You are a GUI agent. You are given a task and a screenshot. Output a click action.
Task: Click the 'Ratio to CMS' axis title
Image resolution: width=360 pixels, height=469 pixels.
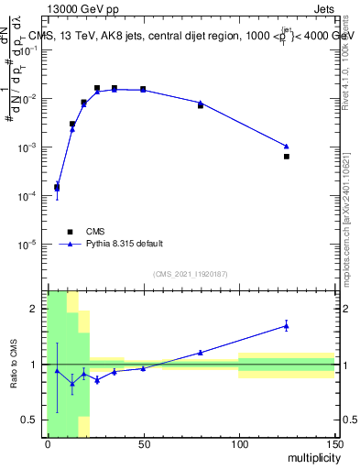click(x=14, y=364)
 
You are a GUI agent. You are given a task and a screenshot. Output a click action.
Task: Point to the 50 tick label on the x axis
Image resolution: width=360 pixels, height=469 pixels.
click(x=143, y=444)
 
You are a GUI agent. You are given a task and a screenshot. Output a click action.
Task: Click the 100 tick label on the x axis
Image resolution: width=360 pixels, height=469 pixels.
click(x=239, y=444)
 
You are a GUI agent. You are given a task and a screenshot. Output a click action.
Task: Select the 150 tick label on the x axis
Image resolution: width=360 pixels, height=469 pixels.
click(x=334, y=444)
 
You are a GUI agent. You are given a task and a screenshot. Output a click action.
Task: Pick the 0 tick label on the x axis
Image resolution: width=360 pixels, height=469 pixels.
click(x=48, y=444)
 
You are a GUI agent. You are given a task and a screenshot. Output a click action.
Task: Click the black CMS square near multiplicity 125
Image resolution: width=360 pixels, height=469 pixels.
click(x=287, y=157)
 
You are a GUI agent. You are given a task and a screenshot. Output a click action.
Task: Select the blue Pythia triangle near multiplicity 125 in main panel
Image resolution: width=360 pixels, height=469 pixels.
click(x=287, y=146)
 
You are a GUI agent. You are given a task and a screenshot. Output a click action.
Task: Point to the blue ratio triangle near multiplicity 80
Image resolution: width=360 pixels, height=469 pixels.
click(x=201, y=352)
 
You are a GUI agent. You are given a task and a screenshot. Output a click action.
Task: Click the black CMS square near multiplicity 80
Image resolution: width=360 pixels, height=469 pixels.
click(x=201, y=105)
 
